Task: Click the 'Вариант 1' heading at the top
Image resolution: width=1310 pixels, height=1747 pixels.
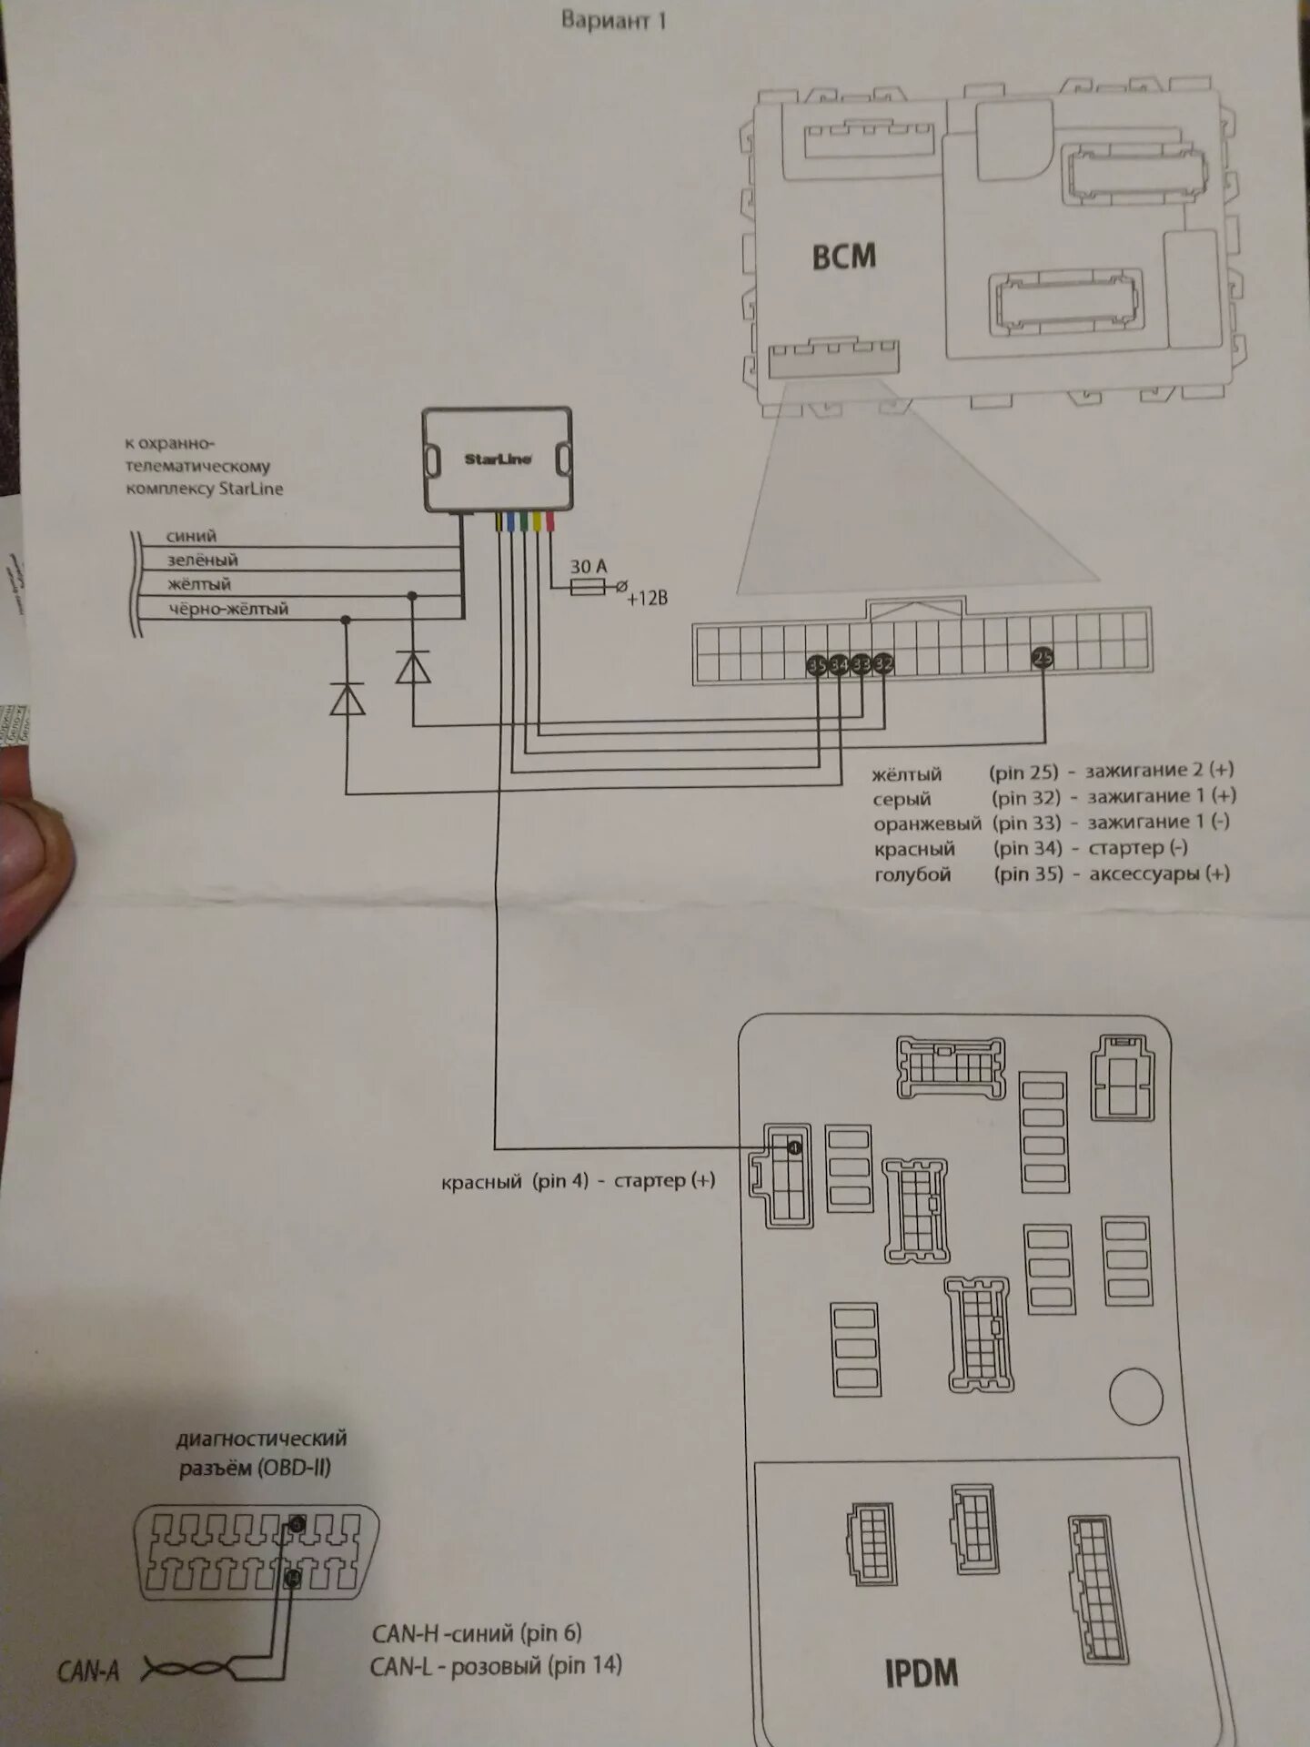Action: pyautogui.click(x=613, y=21)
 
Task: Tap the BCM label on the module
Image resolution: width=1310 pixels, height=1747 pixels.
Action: pyautogui.click(x=843, y=258)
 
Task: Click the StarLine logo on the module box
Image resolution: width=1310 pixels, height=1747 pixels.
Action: pyautogui.click(x=498, y=459)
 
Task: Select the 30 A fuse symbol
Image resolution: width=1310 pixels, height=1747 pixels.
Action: pyautogui.click(x=589, y=588)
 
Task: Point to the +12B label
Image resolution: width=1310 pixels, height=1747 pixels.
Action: pyautogui.click(x=647, y=599)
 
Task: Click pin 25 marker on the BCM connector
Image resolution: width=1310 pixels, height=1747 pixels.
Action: pyautogui.click(x=1043, y=658)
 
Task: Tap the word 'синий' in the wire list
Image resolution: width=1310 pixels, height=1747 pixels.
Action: pyautogui.click(x=191, y=536)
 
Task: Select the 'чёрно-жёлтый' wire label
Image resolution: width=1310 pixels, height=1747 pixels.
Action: pyautogui.click(x=227, y=609)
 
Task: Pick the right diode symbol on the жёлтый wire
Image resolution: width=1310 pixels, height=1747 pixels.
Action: pyautogui.click(x=413, y=668)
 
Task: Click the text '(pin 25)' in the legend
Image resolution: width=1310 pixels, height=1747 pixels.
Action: pyautogui.click(x=1023, y=773)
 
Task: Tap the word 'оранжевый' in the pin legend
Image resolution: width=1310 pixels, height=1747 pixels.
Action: pyautogui.click(x=927, y=824)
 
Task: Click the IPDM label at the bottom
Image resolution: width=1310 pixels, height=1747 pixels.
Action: pyautogui.click(x=921, y=1673)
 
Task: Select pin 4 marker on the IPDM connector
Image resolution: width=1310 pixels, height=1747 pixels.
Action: pyautogui.click(x=794, y=1148)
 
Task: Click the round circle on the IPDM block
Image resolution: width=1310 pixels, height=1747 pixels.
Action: pyautogui.click(x=1135, y=1397)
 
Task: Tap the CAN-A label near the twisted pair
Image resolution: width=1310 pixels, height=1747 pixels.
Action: pyautogui.click(x=87, y=1671)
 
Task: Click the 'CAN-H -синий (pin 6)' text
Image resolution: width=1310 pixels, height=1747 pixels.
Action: pyautogui.click(x=476, y=1632)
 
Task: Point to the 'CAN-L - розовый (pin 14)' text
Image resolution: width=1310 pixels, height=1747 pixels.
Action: pyautogui.click(x=496, y=1666)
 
